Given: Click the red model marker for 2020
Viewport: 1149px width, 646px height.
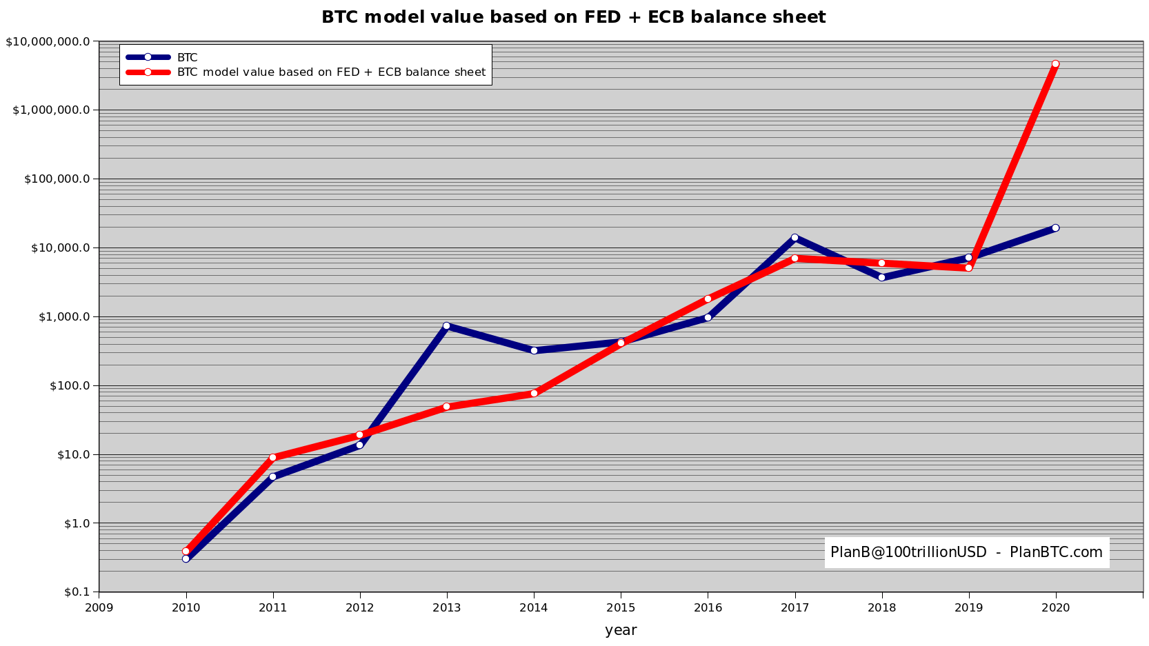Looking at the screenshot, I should (1055, 64).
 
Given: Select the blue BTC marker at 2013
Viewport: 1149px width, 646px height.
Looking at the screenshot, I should (446, 325).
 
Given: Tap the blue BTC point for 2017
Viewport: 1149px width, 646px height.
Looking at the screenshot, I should (795, 237).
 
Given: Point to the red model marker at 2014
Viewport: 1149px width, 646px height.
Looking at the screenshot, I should (534, 393).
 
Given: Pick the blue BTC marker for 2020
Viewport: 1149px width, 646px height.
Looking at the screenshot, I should (1055, 228).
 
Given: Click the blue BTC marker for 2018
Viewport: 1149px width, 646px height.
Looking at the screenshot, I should (881, 277).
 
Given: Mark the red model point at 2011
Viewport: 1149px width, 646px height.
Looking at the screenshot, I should (272, 457).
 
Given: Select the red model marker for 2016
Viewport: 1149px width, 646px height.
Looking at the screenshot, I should (708, 299).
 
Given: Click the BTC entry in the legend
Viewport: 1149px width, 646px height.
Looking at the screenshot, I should (187, 58).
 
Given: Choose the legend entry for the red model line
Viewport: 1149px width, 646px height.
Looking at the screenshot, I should (331, 72).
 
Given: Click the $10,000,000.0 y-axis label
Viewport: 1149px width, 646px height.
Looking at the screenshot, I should (48, 41).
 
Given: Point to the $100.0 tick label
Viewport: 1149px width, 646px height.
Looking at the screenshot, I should (70, 385).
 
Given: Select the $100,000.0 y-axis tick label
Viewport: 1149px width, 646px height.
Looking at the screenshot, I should (57, 179).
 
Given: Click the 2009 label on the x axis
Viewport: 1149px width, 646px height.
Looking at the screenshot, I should (99, 607).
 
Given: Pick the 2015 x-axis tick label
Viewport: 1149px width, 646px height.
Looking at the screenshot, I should (621, 607).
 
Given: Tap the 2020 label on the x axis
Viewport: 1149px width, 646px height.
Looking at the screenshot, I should (1055, 607).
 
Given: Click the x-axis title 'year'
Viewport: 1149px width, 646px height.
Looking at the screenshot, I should (621, 630).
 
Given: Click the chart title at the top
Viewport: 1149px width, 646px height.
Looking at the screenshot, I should (573, 17).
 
